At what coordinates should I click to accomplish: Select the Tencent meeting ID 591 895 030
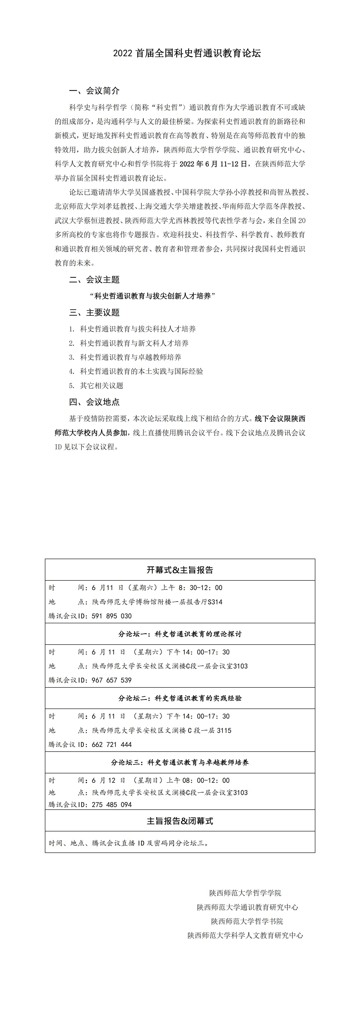pyautogui.click(x=112, y=616)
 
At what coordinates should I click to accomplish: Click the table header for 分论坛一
pyautogui.click(x=180, y=634)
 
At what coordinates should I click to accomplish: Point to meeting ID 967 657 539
pyautogui.click(x=112, y=680)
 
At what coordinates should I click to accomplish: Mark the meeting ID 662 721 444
pyautogui.click(x=112, y=745)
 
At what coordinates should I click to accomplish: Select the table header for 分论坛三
pyautogui.click(x=180, y=762)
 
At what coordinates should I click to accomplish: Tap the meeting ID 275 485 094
pyautogui.click(x=112, y=805)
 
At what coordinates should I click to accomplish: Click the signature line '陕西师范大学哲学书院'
pyautogui.click(x=247, y=921)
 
